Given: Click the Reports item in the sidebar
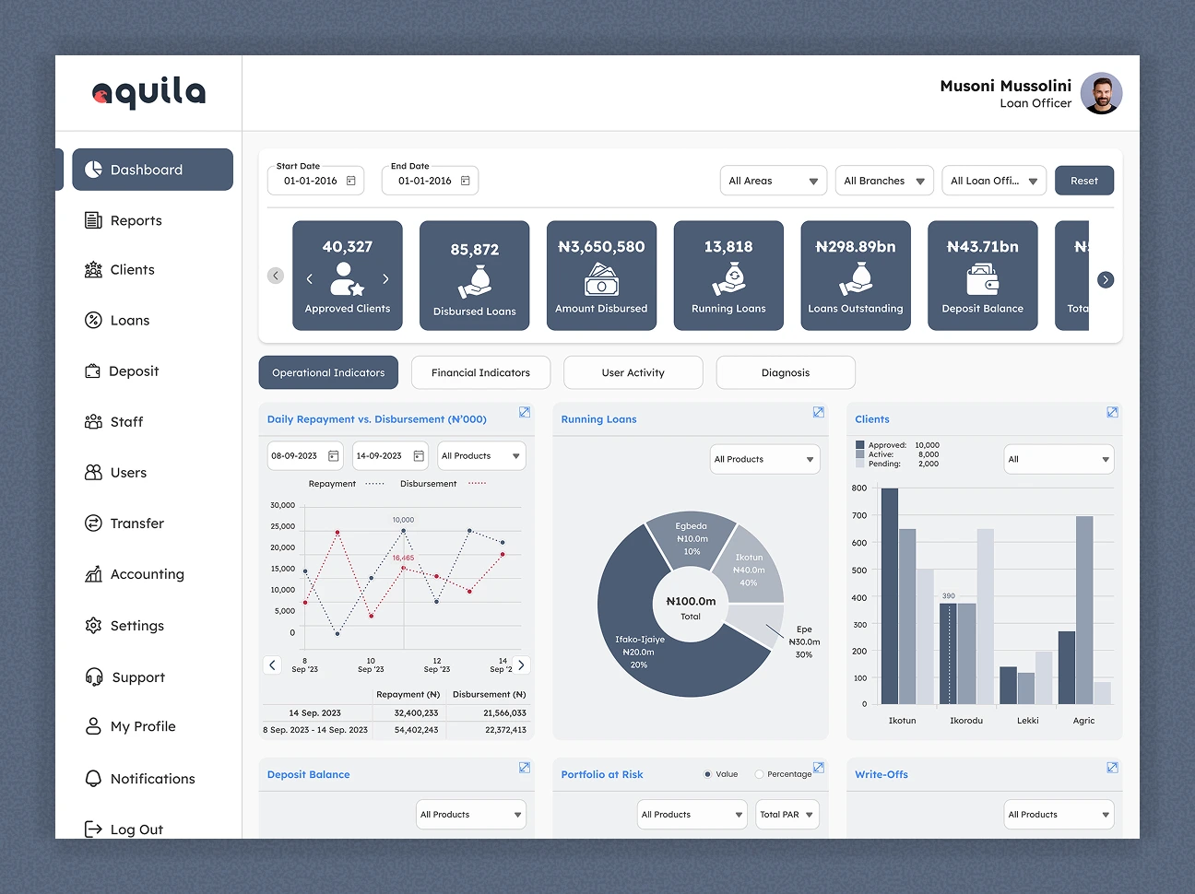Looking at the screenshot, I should (x=136, y=220).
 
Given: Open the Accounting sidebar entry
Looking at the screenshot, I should (x=146, y=574).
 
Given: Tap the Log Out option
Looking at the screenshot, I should (x=136, y=829).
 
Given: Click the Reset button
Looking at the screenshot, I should (x=1083, y=181).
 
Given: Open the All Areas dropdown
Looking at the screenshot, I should (x=774, y=181).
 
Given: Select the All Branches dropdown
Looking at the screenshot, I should (x=884, y=181).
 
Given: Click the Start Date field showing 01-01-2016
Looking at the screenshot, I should (x=316, y=181).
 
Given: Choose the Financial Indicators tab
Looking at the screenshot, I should (x=480, y=372).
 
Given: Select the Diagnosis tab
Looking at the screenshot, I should (x=785, y=372).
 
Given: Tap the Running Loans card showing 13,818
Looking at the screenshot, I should (x=728, y=276).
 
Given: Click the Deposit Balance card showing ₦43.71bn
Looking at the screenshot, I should (x=982, y=276).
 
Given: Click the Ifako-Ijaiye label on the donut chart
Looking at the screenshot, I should (x=640, y=639).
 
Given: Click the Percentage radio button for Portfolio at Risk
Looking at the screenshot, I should (x=759, y=774).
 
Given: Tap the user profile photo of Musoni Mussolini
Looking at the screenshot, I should (x=1101, y=93).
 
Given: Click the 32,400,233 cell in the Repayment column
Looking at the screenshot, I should (x=416, y=712).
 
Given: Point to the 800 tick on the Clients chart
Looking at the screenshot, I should (x=859, y=488).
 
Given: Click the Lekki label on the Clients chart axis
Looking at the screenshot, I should (x=1027, y=721).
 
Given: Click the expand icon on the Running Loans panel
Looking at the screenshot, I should (x=818, y=412).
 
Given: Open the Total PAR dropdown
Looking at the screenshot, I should (x=787, y=815).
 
